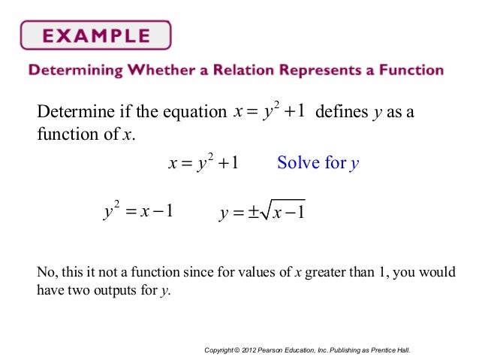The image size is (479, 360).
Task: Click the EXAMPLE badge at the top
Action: (x=95, y=35)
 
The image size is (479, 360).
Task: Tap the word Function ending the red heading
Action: (x=410, y=71)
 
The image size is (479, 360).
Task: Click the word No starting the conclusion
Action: (x=44, y=272)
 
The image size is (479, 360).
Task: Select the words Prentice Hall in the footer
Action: (x=396, y=350)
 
